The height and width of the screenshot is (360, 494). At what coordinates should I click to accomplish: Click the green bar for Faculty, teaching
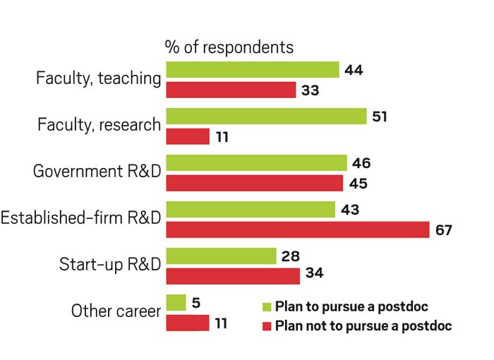(x=252, y=70)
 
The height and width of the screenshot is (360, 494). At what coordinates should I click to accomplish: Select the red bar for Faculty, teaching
(x=231, y=90)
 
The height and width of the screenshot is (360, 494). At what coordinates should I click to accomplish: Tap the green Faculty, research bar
(x=266, y=116)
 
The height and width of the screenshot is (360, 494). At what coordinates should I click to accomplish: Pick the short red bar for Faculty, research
(x=188, y=136)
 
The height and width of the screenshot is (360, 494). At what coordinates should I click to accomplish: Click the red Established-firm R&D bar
(x=297, y=229)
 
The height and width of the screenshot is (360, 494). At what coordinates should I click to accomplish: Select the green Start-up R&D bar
(x=221, y=256)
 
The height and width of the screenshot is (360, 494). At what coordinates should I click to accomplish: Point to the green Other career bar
(x=176, y=303)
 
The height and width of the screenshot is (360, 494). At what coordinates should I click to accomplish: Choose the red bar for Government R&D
(x=255, y=183)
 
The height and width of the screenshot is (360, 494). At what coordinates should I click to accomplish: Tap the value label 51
(x=380, y=116)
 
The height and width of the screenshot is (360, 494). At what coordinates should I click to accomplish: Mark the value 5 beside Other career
(x=196, y=303)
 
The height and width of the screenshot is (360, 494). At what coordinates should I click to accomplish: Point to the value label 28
(x=290, y=255)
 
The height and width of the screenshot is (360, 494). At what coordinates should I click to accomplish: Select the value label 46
(x=361, y=163)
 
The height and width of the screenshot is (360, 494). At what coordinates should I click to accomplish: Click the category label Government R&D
(x=97, y=172)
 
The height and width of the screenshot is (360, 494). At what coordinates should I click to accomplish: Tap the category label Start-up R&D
(x=109, y=265)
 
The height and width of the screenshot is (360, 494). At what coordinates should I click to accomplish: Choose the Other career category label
(x=116, y=311)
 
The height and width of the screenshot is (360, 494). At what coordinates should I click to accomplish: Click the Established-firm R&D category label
(x=80, y=219)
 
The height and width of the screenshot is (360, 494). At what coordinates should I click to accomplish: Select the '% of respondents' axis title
(x=229, y=47)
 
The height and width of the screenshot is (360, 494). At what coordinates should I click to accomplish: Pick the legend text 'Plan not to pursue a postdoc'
(x=363, y=326)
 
